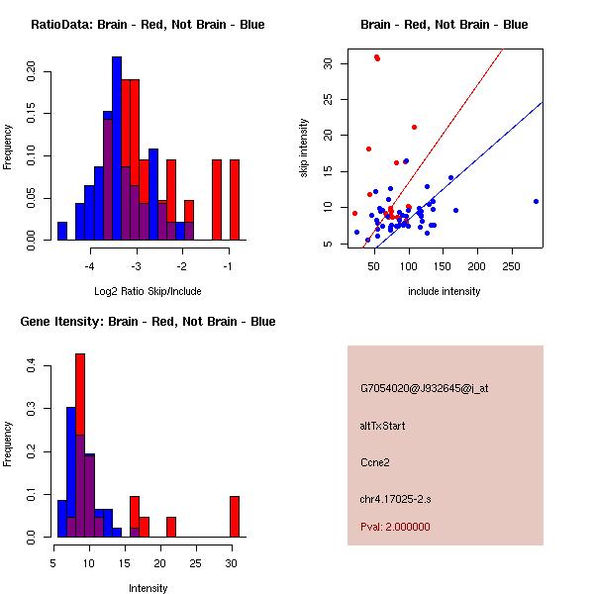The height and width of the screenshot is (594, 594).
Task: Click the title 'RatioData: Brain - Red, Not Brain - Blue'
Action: click(x=148, y=25)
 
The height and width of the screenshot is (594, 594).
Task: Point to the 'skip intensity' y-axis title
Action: click(x=305, y=148)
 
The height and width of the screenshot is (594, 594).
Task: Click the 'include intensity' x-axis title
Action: click(x=445, y=291)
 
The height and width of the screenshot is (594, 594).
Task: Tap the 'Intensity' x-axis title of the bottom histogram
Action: click(x=148, y=588)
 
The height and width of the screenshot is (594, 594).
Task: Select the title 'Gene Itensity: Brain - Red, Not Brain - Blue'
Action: click(x=148, y=322)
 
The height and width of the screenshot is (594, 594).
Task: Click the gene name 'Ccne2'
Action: click(x=376, y=461)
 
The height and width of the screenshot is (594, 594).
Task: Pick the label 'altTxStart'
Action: click(x=383, y=426)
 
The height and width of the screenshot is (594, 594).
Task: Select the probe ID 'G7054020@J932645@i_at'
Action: click(x=425, y=388)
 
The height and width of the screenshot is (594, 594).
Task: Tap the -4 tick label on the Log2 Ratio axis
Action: click(x=90, y=266)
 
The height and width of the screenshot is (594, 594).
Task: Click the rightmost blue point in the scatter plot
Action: click(x=536, y=201)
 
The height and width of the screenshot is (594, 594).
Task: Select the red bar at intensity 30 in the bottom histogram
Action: click(x=235, y=516)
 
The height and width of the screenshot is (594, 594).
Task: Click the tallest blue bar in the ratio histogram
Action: click(x=117, y=148)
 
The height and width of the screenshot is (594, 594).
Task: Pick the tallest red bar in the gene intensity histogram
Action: click(x=80, y=445)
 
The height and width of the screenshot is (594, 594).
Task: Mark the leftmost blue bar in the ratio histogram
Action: click(x=62, y=231)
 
